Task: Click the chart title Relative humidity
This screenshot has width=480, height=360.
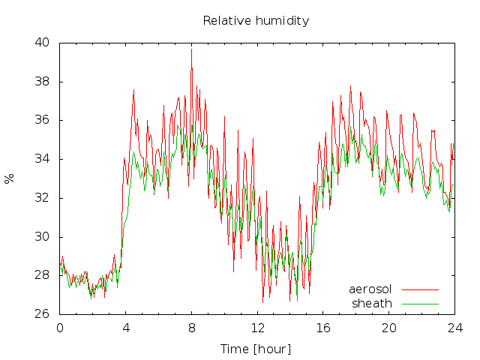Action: coord(256,21)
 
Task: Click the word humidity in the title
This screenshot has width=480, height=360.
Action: coord(282,21)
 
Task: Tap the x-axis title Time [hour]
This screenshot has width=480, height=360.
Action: coord(256,349)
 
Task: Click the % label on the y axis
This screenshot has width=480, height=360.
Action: coord(9,178)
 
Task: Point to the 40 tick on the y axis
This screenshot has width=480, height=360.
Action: coord(42,42)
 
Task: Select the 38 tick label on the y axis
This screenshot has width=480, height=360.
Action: coord(42,82)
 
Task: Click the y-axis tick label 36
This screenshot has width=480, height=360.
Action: coord(42,120)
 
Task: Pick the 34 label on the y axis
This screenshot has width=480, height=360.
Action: coord(42,159)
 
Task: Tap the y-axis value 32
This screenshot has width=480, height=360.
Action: coord(42,198)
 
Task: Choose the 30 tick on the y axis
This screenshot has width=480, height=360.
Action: coord(42,237)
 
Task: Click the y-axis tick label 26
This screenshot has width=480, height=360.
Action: coord(42,313)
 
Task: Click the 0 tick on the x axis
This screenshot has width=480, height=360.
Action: coord(60,328)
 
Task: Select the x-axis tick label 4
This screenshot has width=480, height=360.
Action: coord(126,328)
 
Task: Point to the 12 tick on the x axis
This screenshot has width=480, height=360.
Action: coord(258,328)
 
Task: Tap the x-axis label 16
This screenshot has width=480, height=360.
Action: coord(323,328)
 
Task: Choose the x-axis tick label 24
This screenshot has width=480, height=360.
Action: coord(455,328)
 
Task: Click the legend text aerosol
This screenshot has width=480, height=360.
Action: coord(370,289)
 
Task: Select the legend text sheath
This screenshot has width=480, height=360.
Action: coord(372,304)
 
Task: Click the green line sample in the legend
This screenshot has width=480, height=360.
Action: coord(420,304)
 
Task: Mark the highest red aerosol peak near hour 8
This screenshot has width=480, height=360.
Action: coord(192,49)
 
